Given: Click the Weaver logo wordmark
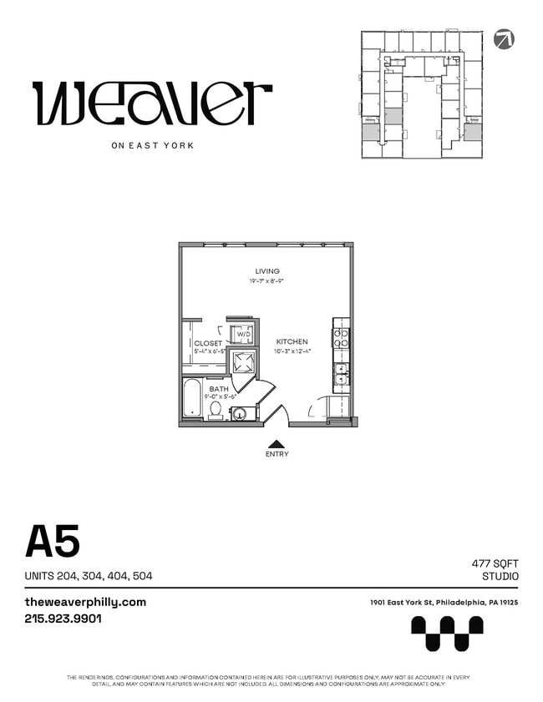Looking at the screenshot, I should (152, 103).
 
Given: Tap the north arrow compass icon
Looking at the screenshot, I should (504, 38).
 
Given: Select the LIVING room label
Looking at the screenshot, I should (267, 271).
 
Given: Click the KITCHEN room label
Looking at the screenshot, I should (292, 341).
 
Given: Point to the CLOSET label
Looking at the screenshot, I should (208, 343).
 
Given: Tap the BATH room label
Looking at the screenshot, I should (219, 389).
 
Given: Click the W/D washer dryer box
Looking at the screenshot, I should (243, 333).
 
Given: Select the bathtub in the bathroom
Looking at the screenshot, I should (192, 399).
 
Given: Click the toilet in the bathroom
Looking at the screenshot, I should (216, 409).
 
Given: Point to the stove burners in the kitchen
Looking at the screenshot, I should (341, 336).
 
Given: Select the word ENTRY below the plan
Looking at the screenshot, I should (277, 455).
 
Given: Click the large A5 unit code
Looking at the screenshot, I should (53, 542).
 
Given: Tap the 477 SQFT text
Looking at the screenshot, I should (495, 564).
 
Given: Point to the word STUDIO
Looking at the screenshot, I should (500, 577).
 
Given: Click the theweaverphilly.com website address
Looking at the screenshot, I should (85, 602).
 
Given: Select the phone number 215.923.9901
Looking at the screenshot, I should (63, 619).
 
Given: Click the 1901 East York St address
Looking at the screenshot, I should (444, 603).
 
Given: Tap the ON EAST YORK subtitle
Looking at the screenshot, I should (152, 145).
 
